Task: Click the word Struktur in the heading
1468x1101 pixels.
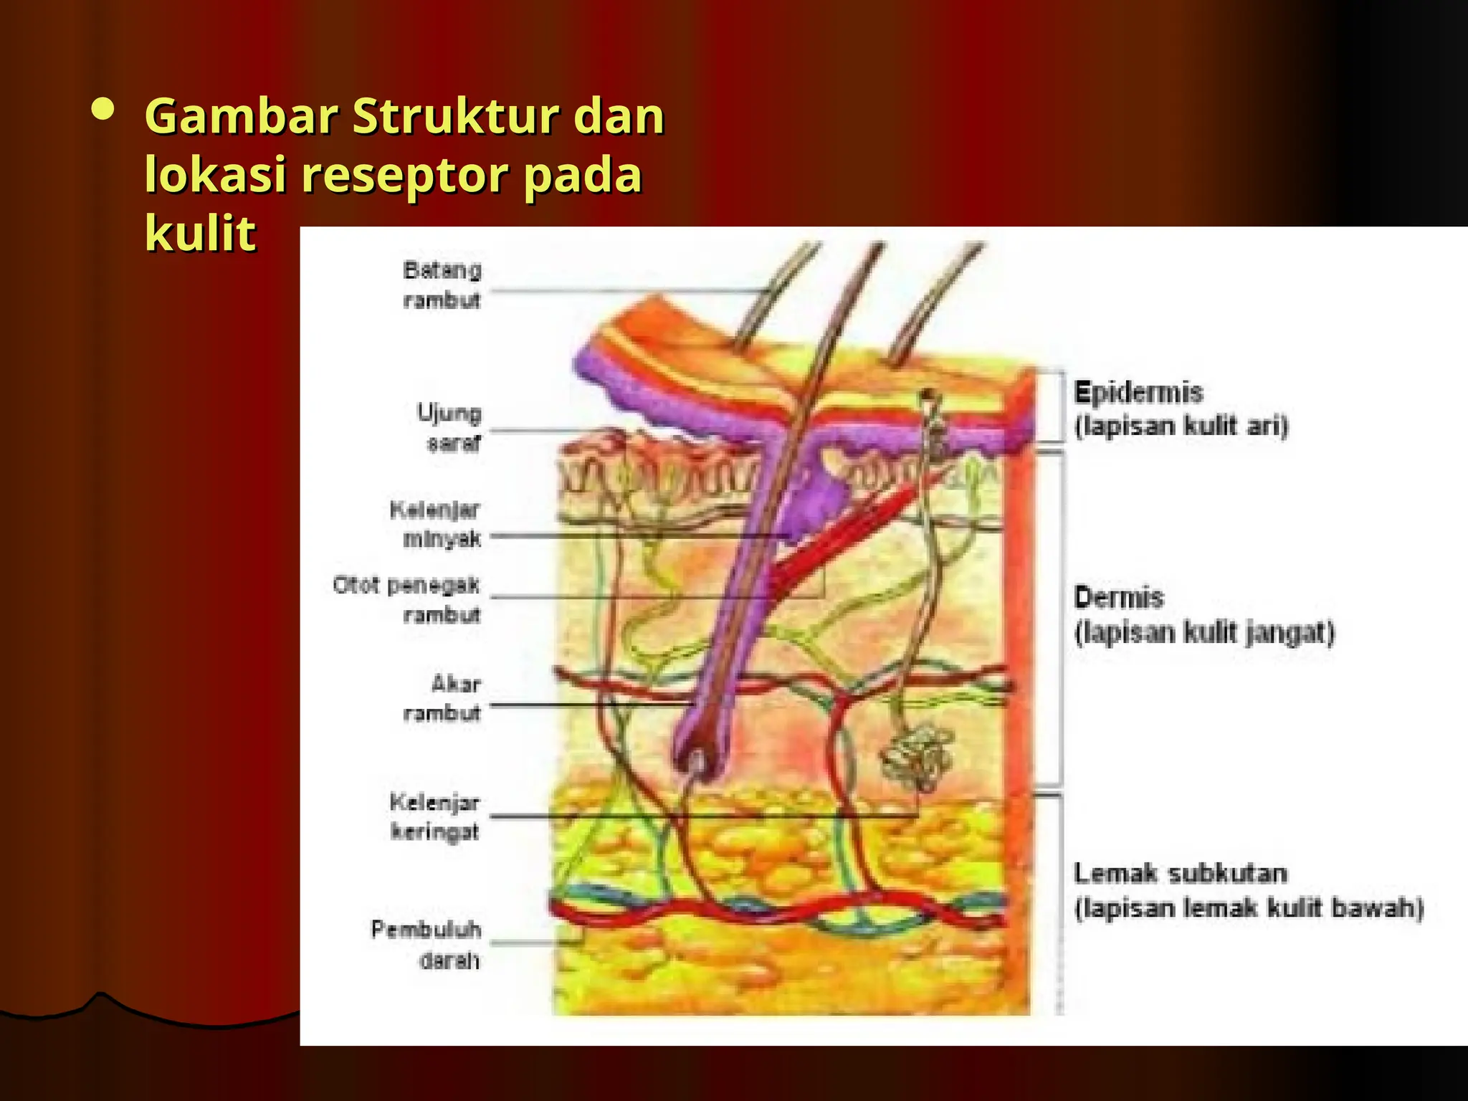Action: pos(455,116)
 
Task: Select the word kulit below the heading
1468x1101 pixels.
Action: pos(200,233)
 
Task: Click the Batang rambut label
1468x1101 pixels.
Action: pos(442,285)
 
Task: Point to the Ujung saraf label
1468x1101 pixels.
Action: pos(449,428)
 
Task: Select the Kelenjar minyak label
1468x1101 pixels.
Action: pos(435,524)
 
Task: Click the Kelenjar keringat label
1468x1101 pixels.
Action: pos(434,816)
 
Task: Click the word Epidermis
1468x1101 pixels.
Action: pos(1138,393)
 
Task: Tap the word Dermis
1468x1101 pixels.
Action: pos(1118,597)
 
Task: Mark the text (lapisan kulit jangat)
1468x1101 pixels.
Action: pos(1204,632)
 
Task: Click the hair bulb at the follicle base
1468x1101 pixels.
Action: pos(697,760)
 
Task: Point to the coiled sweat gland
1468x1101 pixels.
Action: pos(916,758)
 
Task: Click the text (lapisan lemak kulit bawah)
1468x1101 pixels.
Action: pos(1248,908)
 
